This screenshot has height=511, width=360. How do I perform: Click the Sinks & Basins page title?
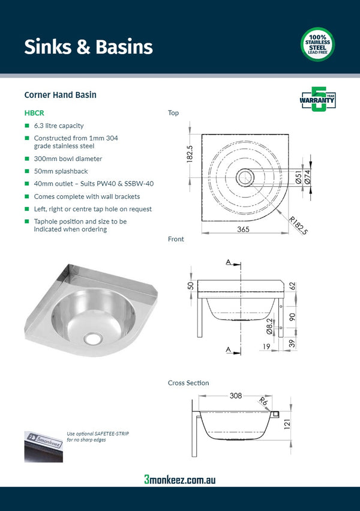[88, 47]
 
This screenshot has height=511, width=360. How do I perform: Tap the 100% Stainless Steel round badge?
[317, 45]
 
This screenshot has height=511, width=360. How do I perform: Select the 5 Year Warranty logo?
[317, 99]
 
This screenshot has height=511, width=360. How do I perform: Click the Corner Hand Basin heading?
[60, 95]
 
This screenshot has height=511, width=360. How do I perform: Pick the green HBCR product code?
[34, 112]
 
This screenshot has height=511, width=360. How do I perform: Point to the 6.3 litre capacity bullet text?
[59, 126]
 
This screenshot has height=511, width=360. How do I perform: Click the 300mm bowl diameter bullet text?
[68, 159]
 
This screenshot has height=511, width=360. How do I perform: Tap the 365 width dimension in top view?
[244, 229]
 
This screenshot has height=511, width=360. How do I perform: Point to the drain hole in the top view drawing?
[244, 177]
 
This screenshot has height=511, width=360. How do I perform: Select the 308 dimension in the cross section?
[235, 396]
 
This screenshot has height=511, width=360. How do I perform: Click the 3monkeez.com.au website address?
[179, 479]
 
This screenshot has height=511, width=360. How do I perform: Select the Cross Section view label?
[188, 382]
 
